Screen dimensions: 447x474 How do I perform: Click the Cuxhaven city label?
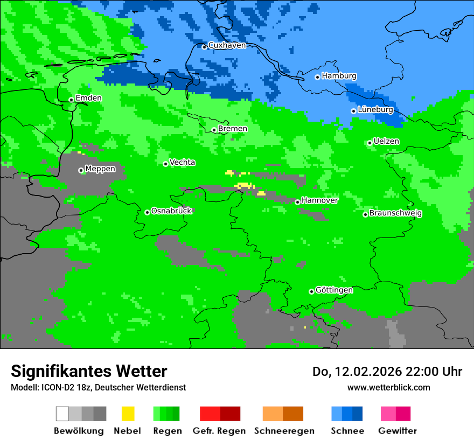pos(227,45)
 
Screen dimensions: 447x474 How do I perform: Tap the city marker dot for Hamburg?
pos(318,77)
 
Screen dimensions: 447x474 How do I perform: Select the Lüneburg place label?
pos(375,109)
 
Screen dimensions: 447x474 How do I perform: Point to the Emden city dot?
pos(71,100)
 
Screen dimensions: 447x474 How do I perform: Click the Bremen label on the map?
pos(232,129)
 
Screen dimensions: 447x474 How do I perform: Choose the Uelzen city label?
pos(386,141)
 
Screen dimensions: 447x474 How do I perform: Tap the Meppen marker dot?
pos(81,170)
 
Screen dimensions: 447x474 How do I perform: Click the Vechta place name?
pos(182,162)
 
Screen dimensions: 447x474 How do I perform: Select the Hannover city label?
pos(319,200)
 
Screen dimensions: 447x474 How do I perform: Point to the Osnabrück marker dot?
pos(147,212)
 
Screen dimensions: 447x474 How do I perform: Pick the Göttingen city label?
pos(334,290)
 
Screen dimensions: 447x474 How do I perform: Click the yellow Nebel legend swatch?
pos(128,414)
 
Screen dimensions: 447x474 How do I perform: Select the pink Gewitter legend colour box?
pos(389,414)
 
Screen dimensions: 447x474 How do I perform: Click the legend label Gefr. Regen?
pos(219,431)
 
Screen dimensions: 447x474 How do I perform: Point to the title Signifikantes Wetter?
pos(89,371)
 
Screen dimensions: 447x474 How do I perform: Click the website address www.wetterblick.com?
pos(388,387)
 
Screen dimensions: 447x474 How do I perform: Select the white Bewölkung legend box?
pos(62,414)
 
